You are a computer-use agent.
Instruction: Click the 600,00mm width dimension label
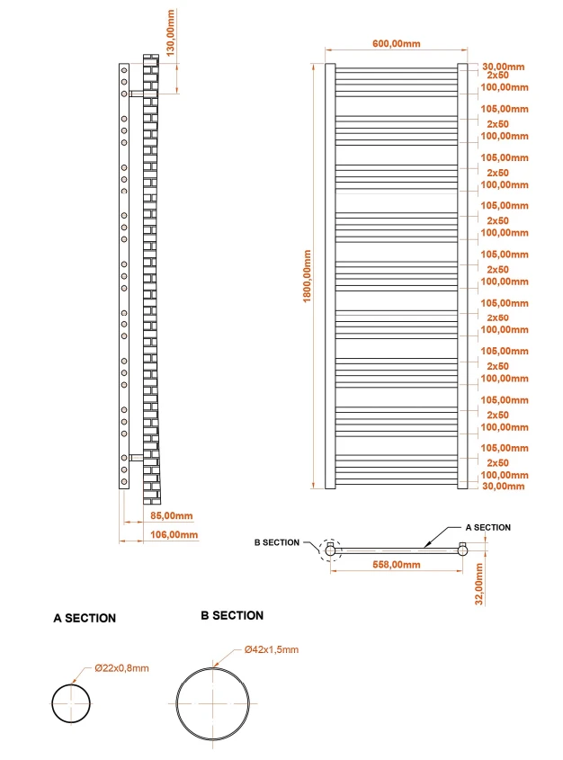click(x=395, y=44)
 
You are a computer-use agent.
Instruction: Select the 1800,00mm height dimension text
click(x=308, y=275)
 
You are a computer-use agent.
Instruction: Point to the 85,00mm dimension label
click(x=171, y=516)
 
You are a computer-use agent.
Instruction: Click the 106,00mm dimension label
click(x=171, y=534)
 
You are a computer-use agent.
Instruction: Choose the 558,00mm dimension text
click(x=396, y=565)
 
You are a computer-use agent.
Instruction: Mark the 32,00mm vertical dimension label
click(x=479, y=585)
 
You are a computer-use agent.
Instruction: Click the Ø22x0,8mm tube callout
click(x=121, y=668)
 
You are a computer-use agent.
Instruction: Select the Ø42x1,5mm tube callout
click(x=271, y=649)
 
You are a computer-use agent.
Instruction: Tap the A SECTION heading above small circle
click(x=85, y=618)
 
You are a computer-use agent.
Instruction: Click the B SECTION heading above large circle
click(x=232, y=615)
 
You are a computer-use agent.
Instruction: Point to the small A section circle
click(x=71, y=702)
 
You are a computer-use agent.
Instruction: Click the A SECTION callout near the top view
click(x=487, y=527)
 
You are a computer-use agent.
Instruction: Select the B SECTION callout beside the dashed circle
click(x=276, y=542)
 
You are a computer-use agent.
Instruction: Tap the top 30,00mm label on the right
click(x=504, y=67)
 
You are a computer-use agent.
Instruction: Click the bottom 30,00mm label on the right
click(x=504, y=486)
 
